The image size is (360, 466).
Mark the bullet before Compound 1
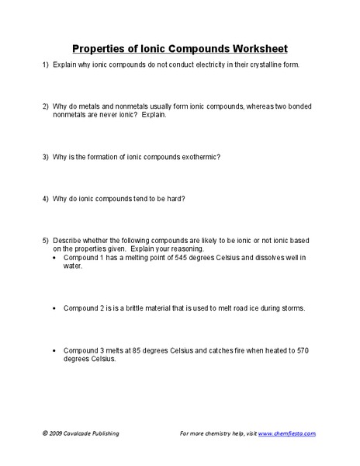click(54, 257)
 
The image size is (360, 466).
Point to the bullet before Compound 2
click(54, 308)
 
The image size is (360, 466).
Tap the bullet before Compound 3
click(54, 351)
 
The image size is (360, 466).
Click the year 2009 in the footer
click(58, 433)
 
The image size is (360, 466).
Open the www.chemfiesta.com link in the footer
click(286, 433)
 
